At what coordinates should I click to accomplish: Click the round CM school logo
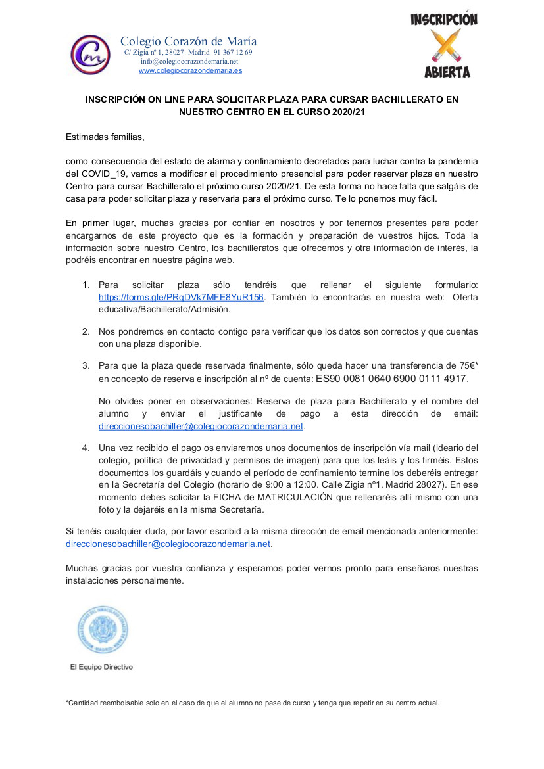tap(90, 55)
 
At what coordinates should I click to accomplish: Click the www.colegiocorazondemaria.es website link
tap(190, 70)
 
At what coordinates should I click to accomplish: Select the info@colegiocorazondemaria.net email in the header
tap(189, 61)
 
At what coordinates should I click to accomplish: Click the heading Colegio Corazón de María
tap(188, 41)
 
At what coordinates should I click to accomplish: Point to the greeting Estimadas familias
tap(105, 137)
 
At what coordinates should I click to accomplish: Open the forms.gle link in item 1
tap(181, 297)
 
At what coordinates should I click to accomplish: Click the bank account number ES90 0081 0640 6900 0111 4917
tap(392, 379)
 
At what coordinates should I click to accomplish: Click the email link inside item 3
tap(201, 426)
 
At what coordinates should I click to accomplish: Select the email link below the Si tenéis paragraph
tap(168, 544)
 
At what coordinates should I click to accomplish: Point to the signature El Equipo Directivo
tap(101, 667)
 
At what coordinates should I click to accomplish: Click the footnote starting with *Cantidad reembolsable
tap(253, 703)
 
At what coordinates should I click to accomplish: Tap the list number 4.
tap(86, 448)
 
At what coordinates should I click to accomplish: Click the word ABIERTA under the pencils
tap(447, 72)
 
